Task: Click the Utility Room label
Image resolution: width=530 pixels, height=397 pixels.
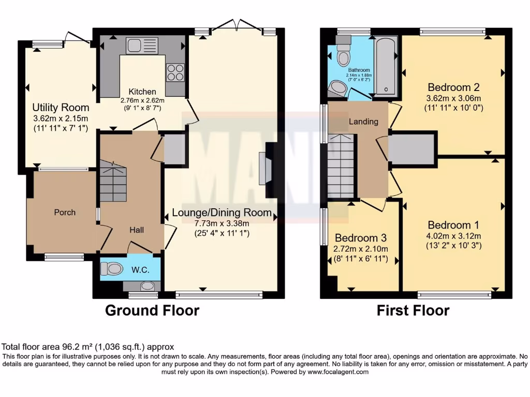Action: pos(61,108)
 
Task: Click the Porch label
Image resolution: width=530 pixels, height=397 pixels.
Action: pos(65,212)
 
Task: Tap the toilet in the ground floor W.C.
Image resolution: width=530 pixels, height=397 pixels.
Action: pos(112,268)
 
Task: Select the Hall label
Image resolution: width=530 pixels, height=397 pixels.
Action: pos(137,230)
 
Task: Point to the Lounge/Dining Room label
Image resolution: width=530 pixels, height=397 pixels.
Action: pos(222,212)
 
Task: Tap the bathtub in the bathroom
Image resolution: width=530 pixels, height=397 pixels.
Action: pos(386,66)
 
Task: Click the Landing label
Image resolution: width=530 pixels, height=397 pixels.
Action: pos(363,121)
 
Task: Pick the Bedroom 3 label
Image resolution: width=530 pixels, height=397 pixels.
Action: pos(361,238)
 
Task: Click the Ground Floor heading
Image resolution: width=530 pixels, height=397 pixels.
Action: pos(152,310)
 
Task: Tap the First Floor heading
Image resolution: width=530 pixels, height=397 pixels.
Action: pos(413,310)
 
